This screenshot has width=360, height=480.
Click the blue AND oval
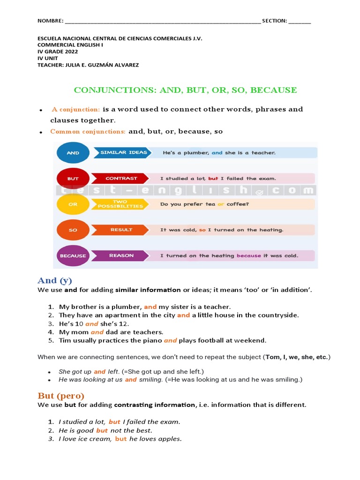pos(73,153)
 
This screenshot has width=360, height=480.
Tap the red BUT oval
pos(73,179)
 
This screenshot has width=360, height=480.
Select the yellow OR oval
pos(73,204)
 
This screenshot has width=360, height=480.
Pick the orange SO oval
pos(73,230)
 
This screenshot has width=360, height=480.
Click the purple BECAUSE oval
pos(73,256)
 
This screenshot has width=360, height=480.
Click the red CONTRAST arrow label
pos(121,178)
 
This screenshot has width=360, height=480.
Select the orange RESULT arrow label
pos(121,230)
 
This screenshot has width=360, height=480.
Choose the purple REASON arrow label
pos(121,255)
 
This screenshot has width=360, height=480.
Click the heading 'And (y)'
pos(55,281)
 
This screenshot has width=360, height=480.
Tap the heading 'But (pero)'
pos(61,396)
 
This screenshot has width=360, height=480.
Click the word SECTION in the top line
pos(274,21)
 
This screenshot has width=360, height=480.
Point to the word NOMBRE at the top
pos(50,21)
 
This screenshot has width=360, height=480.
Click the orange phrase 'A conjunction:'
pos(76,109)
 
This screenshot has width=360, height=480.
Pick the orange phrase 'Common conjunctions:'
pos(88,132)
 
